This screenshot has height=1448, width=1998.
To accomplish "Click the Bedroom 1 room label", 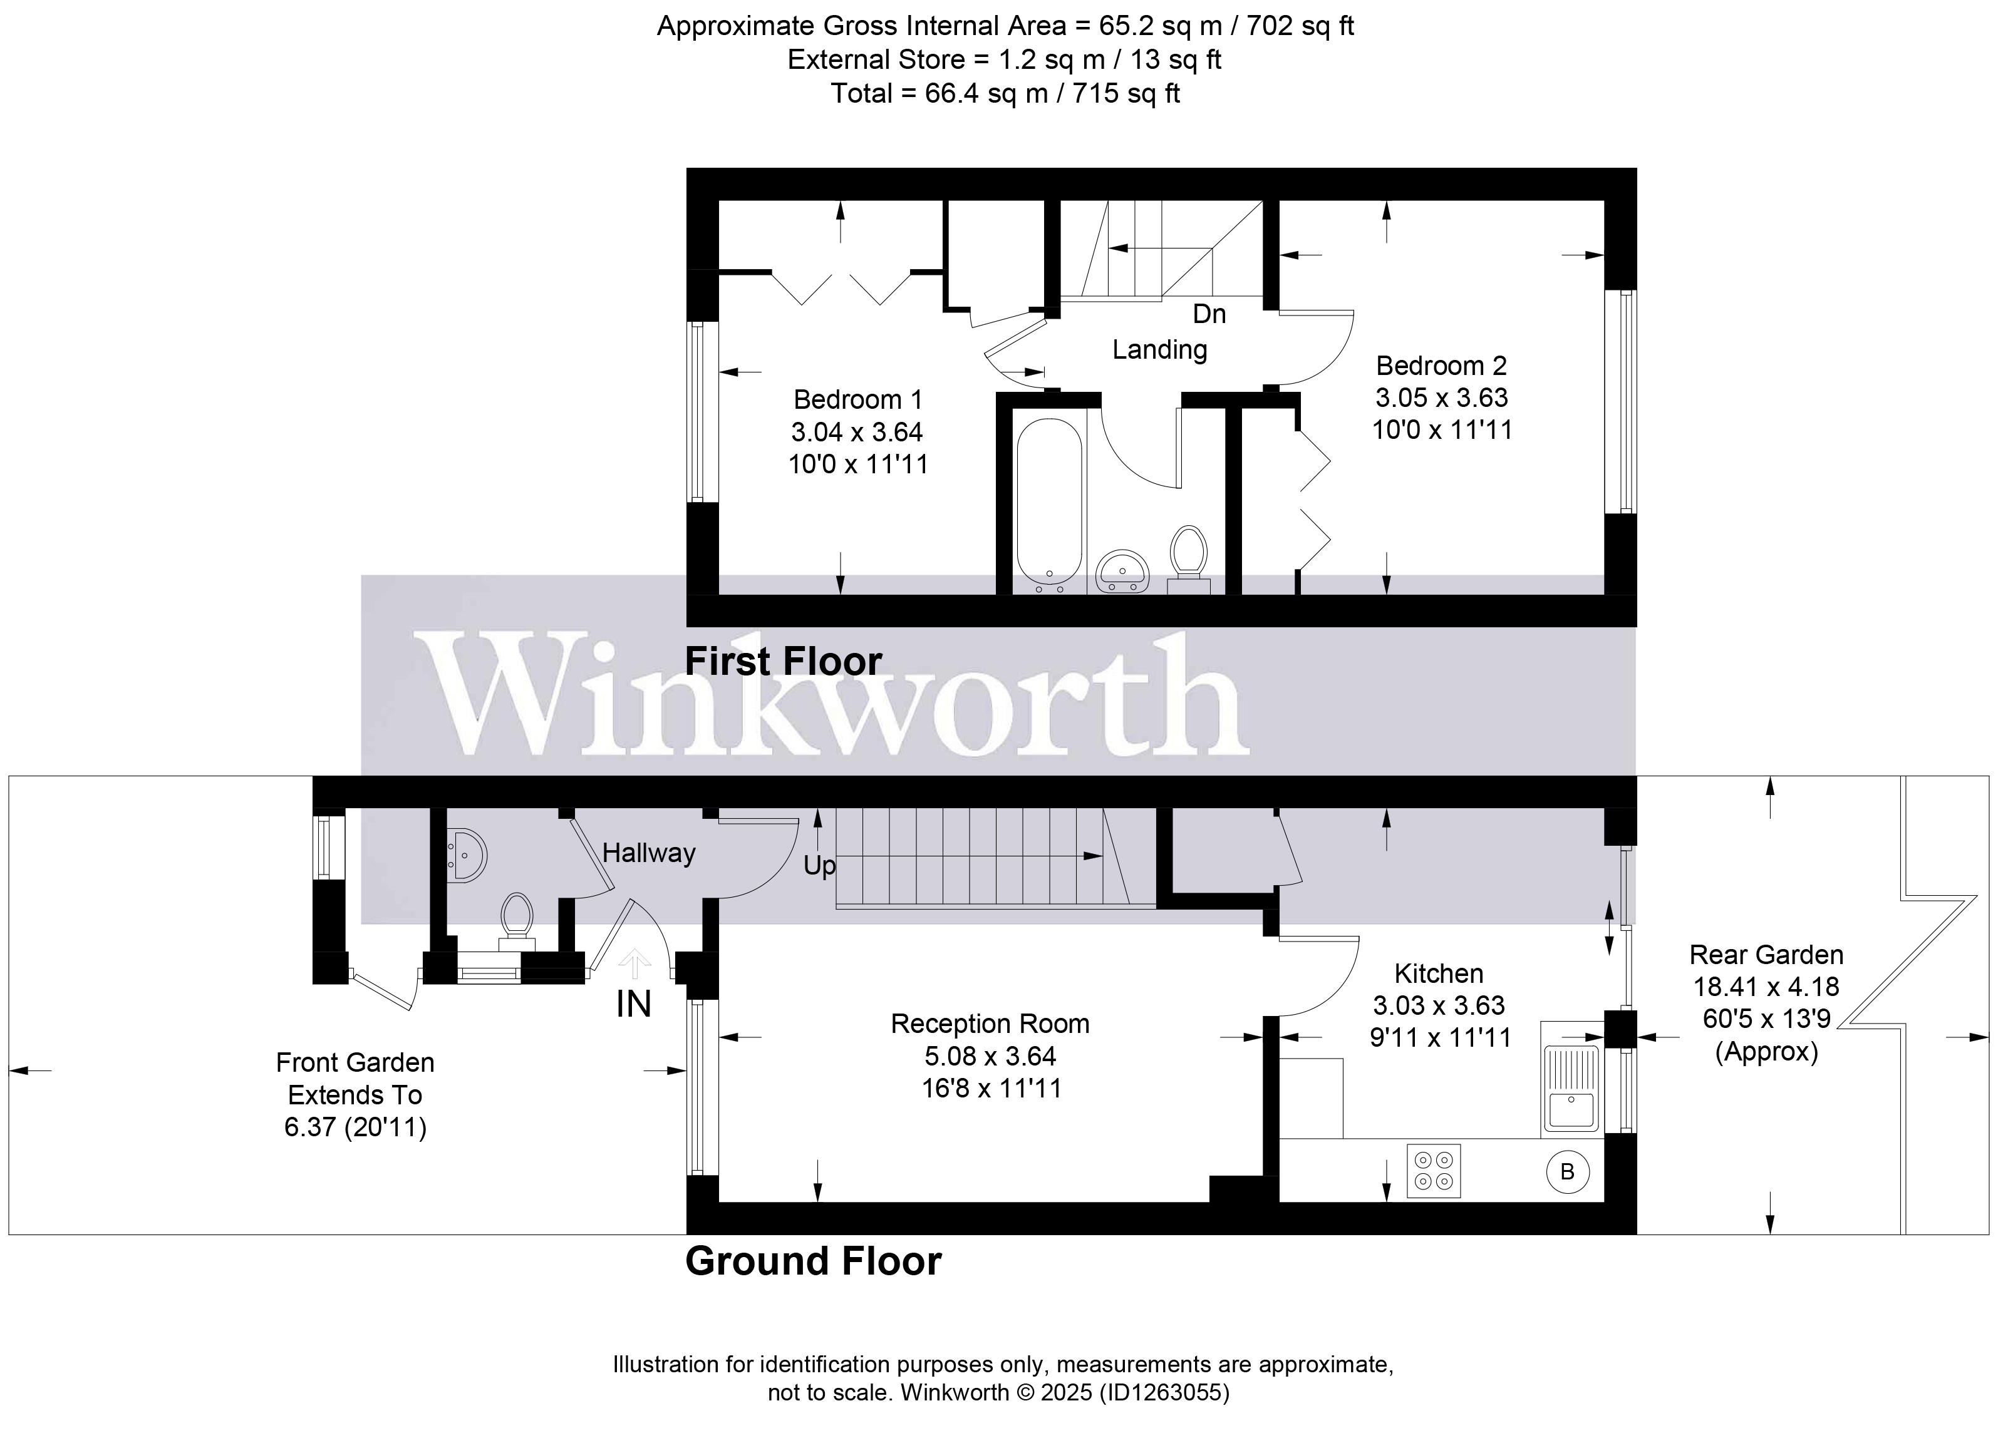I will (857, 400).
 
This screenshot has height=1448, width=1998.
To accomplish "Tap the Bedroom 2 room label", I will (1441, 366).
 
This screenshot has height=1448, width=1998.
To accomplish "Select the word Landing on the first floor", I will (1159, 350).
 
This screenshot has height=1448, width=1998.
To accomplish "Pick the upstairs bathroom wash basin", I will (1122, 571).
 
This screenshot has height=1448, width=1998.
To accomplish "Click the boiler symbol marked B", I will (1567, 1171).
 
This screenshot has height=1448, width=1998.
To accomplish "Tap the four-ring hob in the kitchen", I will (1433, 1171).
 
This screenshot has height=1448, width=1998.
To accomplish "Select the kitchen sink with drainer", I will (1571, 1089).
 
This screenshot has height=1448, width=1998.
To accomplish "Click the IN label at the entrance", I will (633, 1004).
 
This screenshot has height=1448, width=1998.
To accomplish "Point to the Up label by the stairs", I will (819, 866).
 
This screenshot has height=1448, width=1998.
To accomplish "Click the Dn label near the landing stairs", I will (1209, 314).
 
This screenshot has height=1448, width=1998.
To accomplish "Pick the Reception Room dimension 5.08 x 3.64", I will (990, 1056).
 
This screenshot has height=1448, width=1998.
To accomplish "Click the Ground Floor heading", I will (812, 1261).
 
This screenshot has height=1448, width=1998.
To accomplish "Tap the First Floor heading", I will (783, 662).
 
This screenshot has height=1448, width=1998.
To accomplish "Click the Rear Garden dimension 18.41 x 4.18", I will (1766, 987).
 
